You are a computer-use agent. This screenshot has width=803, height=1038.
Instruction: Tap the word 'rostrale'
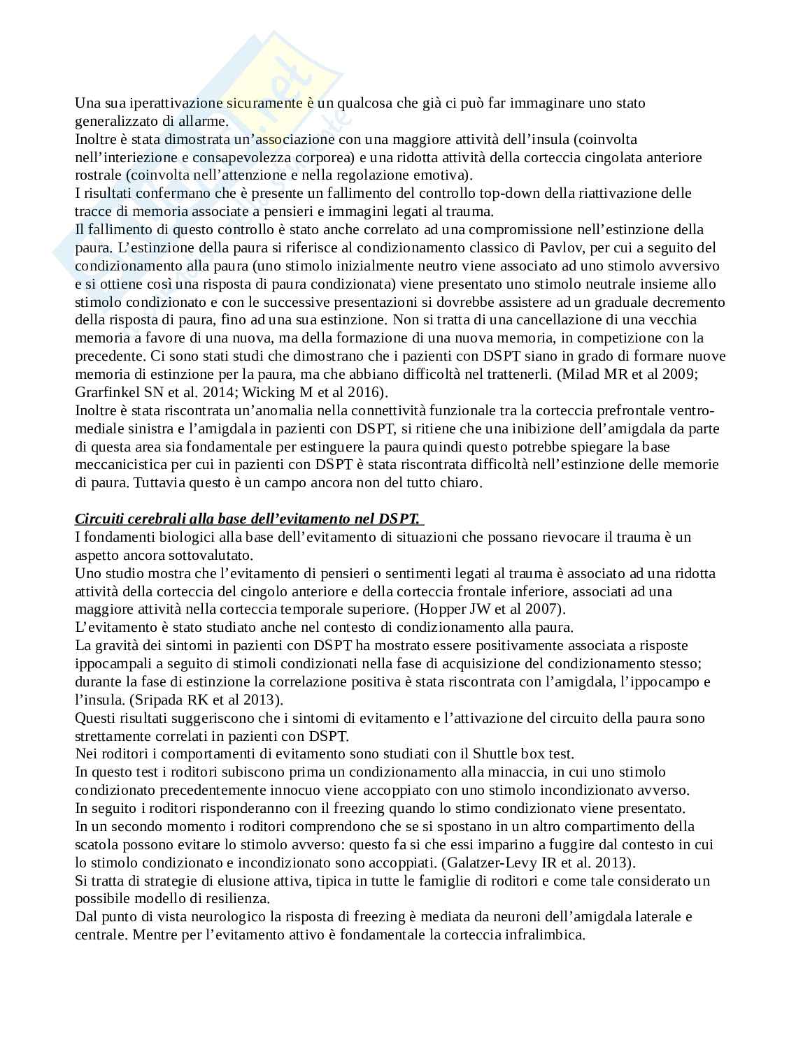tap(97, 175)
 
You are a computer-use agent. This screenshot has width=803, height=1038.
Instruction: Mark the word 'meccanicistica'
tap(121, 465)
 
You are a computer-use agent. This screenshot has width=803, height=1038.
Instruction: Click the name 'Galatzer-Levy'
tap(495, 863)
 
